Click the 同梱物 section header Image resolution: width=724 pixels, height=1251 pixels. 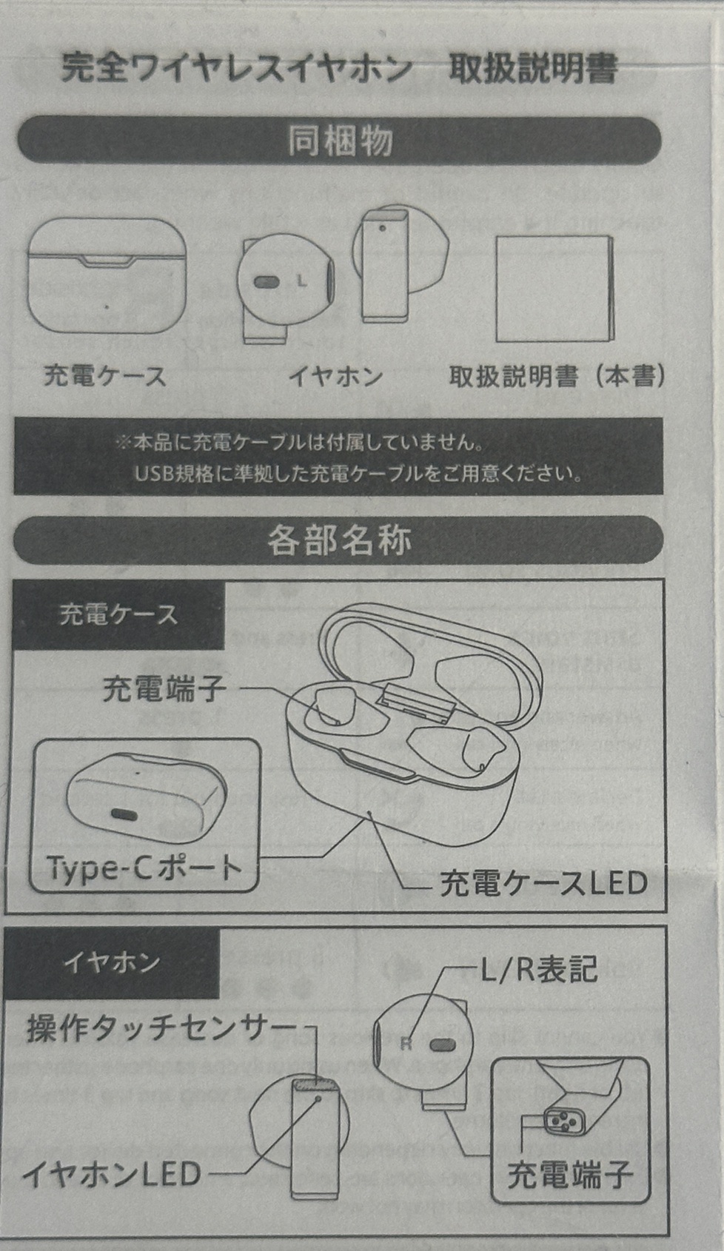(339, 141)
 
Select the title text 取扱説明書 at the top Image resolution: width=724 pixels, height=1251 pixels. (533, 69)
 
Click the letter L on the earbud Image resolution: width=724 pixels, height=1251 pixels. (301, 281)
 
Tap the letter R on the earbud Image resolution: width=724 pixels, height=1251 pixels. (406, 1044)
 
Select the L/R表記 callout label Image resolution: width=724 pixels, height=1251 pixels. (539, 969)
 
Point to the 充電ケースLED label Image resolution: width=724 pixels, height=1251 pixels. (544, 883)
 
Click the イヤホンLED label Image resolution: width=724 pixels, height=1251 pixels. (112, 1174)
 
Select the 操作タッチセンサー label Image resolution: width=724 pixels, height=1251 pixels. (161, 1028)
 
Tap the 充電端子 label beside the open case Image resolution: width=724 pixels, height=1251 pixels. (164, 689)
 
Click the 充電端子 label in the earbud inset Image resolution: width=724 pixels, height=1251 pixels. (569, 1175)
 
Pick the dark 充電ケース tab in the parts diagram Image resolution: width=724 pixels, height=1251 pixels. (118, 614)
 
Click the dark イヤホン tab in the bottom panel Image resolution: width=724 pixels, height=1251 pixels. (112, 962)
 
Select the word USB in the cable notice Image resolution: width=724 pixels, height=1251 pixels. (153, 474)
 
